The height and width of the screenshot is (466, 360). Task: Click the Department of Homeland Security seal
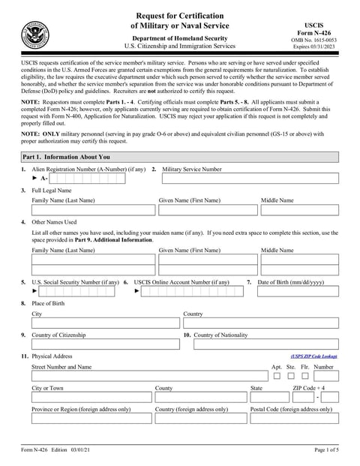coord(35,35)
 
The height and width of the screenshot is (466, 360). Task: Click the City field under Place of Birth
coord(105,323)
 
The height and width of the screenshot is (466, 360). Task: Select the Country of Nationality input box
coord(265,344)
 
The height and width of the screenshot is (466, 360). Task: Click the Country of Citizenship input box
coord(105,344)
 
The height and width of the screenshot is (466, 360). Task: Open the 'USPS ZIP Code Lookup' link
coord(313,356)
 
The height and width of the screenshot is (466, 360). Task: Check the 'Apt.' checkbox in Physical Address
coord(277,375)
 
